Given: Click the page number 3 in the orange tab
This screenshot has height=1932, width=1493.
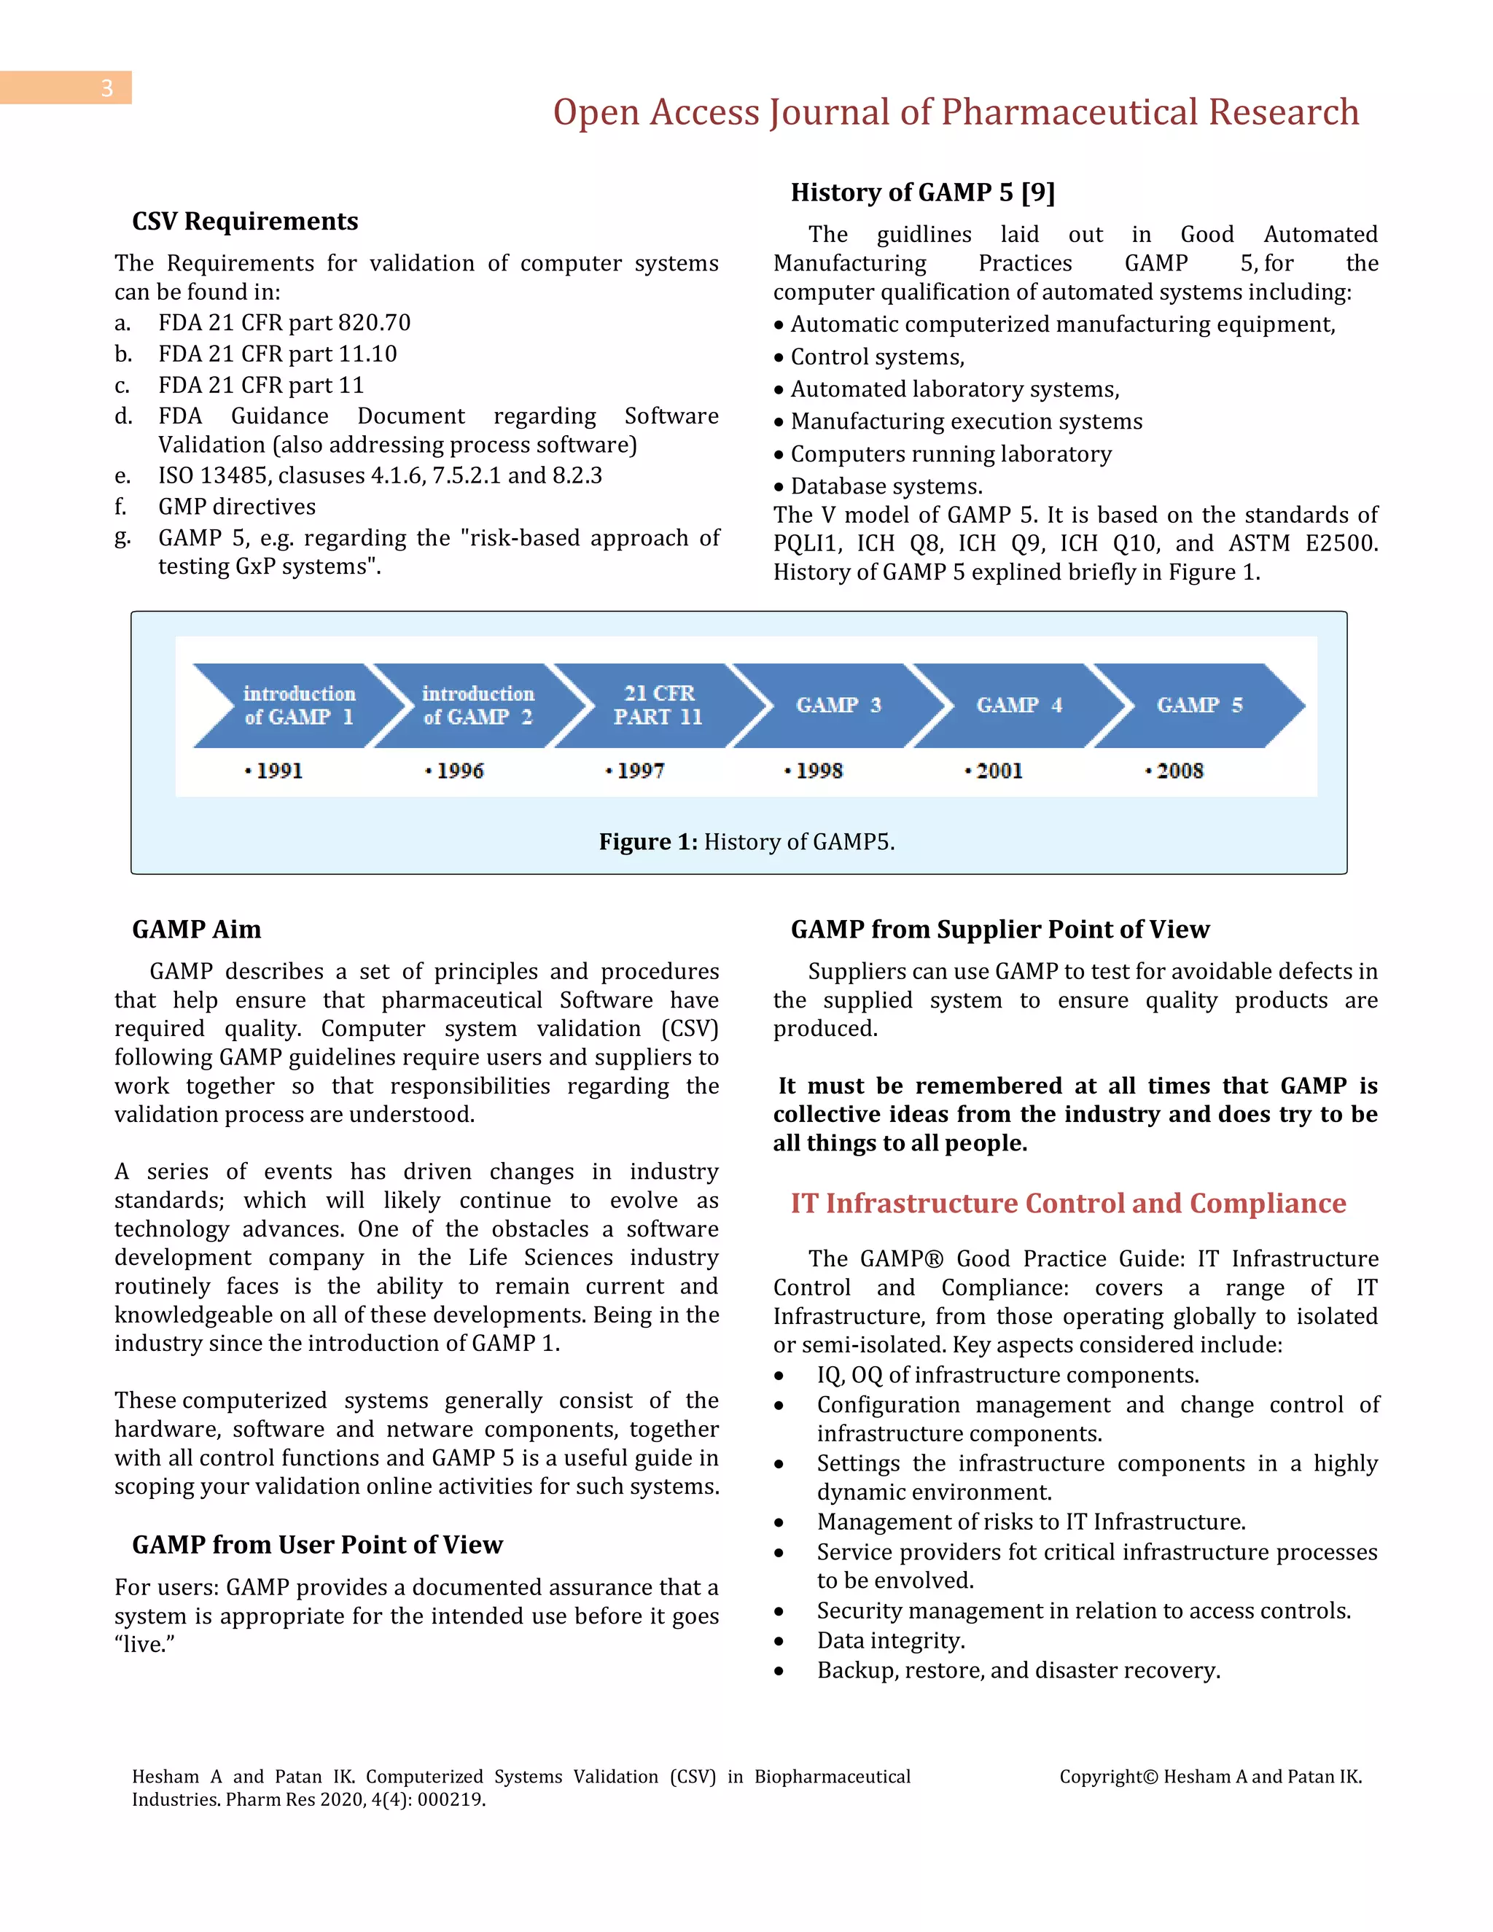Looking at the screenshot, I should tap(106, 88).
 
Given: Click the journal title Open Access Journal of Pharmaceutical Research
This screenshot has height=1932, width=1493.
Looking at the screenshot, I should tap(955, 112).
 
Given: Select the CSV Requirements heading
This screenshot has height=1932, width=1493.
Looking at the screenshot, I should tap(245, 221).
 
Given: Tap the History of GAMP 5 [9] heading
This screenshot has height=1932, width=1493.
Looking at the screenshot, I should tap(922, 193).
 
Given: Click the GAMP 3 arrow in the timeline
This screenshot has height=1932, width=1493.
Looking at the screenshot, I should tap(838, 705).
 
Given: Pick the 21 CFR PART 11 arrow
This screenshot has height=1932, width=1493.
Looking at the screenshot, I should tap(658, 705).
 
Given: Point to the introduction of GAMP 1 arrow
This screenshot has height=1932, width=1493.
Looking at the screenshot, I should tap(298, 705).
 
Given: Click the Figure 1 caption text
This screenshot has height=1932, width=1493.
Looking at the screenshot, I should tap(746, 841).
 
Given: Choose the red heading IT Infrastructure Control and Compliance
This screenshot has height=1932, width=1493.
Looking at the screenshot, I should tap(1067, 1203).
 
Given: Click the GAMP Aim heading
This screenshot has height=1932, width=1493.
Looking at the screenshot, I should tap(196, 929).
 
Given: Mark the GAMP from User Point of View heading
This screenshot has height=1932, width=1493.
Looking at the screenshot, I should tap(316, 1545).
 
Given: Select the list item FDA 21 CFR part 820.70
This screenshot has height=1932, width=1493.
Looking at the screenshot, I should tap(284, 323).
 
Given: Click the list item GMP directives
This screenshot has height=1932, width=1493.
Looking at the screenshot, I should tap(236, 507).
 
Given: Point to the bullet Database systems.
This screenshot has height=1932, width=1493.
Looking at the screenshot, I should tap(885, 486).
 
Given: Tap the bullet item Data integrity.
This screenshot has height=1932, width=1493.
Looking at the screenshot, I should tap(890, 1640).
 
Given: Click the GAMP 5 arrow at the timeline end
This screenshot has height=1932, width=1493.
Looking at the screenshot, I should tap(1199, 705).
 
